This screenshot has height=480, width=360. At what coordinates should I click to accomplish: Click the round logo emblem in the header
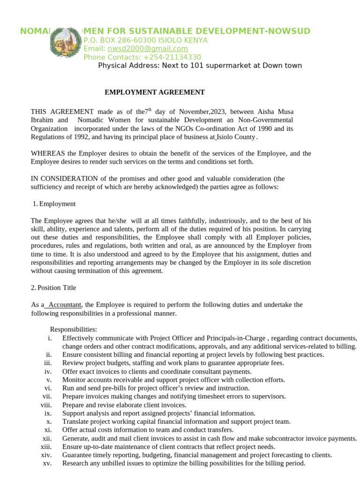[66, 44]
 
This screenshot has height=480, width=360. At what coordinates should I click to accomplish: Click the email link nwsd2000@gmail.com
[148, 49]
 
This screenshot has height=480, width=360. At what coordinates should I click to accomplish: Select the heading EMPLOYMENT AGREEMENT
[154, 92]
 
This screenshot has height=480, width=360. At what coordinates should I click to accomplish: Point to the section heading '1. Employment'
[54, 204]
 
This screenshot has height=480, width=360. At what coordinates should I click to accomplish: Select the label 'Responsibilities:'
[73, 330]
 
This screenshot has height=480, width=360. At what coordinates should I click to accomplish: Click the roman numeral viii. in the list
[45, 405]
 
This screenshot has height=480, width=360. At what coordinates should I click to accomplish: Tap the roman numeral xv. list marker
[46, 463]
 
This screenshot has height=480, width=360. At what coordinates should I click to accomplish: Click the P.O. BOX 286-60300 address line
[145, 40]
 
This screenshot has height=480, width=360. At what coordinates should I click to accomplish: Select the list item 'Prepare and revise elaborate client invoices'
[124, 405]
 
